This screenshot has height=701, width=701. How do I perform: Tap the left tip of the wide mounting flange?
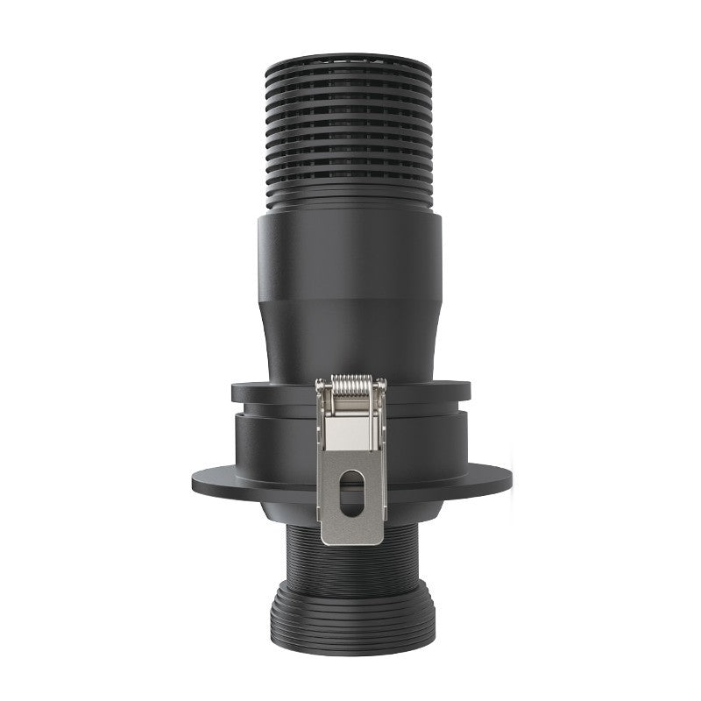pyautogui.click(x=195, y=479)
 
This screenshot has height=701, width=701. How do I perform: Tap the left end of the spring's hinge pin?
pyautogui.click(x=319, y=384)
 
